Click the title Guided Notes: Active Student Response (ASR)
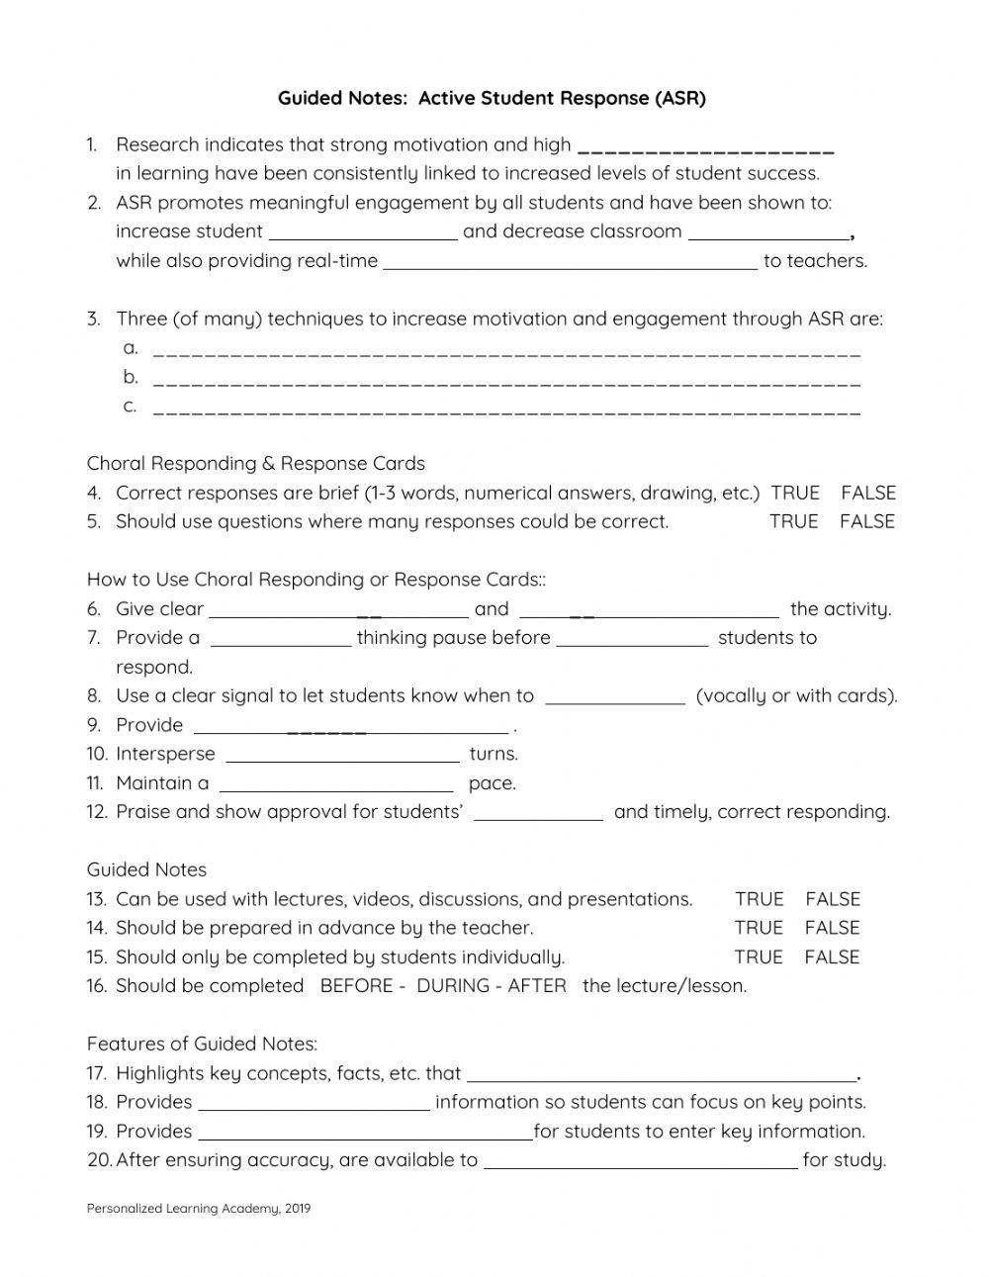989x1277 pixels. (x=492, y=98)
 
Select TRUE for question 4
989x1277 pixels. (x=795, y=493)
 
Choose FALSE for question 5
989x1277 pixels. (x=866, y=521)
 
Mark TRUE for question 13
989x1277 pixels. (x=759, y=899)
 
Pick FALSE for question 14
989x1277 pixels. (x=832, y=928)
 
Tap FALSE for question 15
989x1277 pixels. (x=832, y=957)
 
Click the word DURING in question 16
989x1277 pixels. (x=453, y=986)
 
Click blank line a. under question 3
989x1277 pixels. (x=507, y=350)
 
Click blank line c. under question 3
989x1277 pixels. (x=507, y=409)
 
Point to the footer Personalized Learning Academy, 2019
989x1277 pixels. (x=199, y=1208)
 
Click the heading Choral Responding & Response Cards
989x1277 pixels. (x=256, y=463)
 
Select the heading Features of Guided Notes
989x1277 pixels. (x=202, y=1044)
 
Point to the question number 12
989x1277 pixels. (x=96, y=812)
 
